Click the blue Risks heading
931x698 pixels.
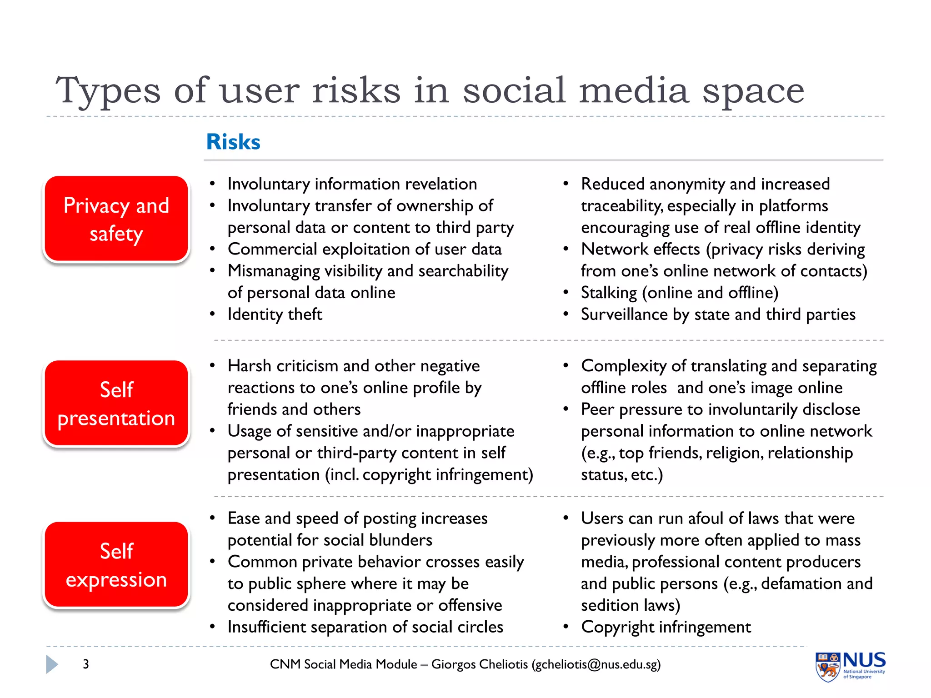(x=233, y=141)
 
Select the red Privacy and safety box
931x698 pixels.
(x=116, y=219)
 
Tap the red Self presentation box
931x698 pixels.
(x=116, y=404)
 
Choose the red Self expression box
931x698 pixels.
(x=116, y=565)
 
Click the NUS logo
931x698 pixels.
(x=850, y=666)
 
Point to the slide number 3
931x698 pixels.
(x=86, y=664)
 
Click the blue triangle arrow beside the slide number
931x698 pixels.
(x=52, y=664)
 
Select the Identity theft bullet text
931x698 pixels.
(x=275, y=314)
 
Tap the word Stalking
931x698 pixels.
(x=609, y=293)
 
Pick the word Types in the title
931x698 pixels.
(x=108, y=91)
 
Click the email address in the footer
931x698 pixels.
(x=596, y=664)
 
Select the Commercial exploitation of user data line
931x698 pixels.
(x=365, y=249)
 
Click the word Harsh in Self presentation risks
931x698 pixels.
(x=249, y=366)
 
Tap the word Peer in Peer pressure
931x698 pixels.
(x=597, y=409)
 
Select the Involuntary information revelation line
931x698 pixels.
(x=352, y=184)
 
